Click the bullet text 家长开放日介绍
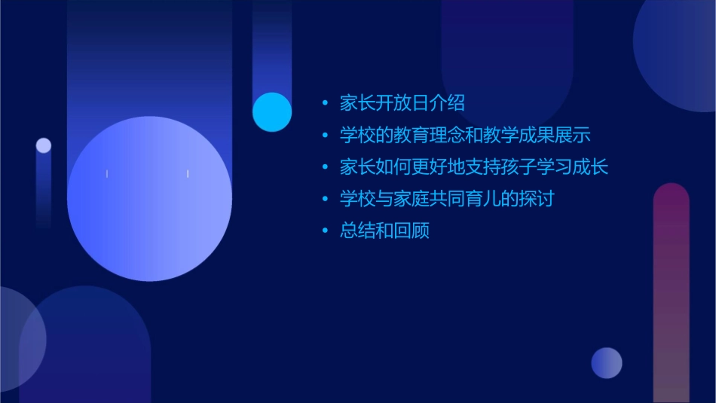(402, 102)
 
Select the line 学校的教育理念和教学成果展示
(464, 135)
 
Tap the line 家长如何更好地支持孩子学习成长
(473, 166)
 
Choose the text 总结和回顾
(384, 231)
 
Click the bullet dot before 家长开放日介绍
(325, 103)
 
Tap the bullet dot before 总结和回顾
(325, 231)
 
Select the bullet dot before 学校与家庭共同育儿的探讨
(325, 200)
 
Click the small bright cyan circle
(272, 112)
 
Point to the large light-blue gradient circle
(149, 199)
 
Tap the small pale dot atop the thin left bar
(44, 145)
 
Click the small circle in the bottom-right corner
(607, 363)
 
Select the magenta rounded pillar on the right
(671, 294)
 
